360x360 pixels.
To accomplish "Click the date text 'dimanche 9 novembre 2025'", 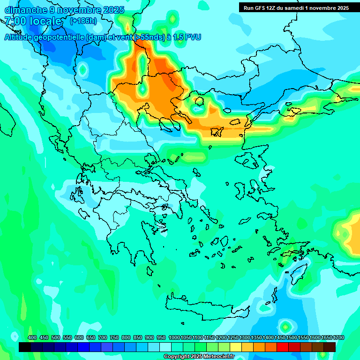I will (64, 9).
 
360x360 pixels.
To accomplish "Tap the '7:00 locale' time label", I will (33, 21).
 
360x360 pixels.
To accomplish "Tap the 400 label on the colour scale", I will (32, 337).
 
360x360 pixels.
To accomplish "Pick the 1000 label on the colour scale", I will (174, 337).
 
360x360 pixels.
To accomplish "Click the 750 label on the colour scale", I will (114, 337).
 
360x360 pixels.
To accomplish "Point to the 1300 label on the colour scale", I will (244, 337).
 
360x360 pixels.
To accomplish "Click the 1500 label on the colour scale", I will (292, 337).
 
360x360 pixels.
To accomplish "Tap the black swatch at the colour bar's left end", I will (25, 347).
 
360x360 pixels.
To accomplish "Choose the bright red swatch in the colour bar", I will (283, 347).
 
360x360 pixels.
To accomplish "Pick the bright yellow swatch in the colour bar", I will (236, 347).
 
